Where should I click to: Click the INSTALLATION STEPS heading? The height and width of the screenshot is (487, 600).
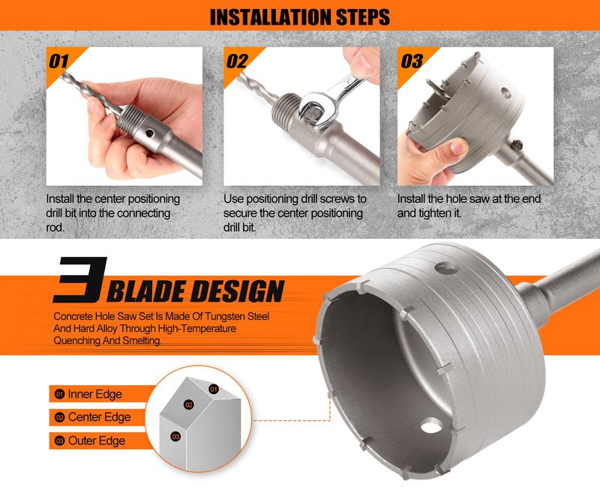point(300,16)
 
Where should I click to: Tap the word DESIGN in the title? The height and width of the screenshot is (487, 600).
point(240,290)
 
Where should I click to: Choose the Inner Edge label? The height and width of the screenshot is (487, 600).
point(94,393)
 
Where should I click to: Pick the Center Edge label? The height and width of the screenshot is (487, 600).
point(99,417)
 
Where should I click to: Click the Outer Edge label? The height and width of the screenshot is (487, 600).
point(97,441)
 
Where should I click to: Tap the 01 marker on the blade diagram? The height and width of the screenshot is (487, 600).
point(213,389)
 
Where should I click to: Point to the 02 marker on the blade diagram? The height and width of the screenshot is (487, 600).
point(189,405)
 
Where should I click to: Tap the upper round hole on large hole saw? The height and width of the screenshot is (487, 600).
point(447,263)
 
